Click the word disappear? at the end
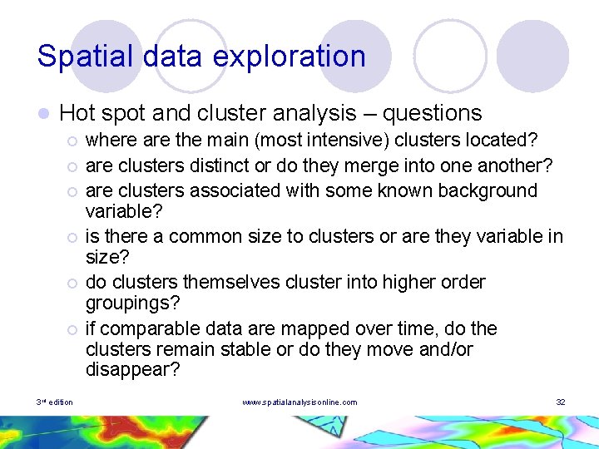click(x=132, y=371)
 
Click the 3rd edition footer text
click(x=55, y=402)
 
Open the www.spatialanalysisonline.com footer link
click(x=299, y=402)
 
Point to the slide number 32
click(x=560, y=402)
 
